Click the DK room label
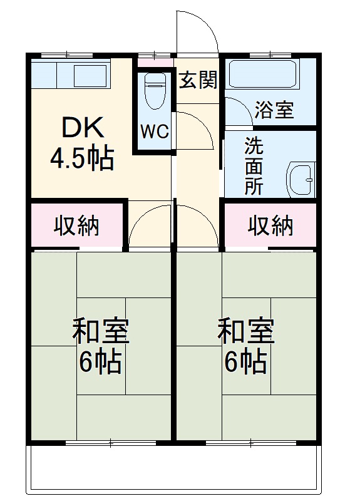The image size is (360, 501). [81, 128]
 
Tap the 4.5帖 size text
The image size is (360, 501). [82, 159]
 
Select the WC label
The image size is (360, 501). [154, 132]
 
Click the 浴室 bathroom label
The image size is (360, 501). [274, 110]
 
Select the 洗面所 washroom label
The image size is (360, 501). [254, 166]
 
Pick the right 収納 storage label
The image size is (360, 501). [270, 225]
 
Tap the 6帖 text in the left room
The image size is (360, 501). [100, 363]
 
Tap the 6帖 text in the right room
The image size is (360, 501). [245, 363]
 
